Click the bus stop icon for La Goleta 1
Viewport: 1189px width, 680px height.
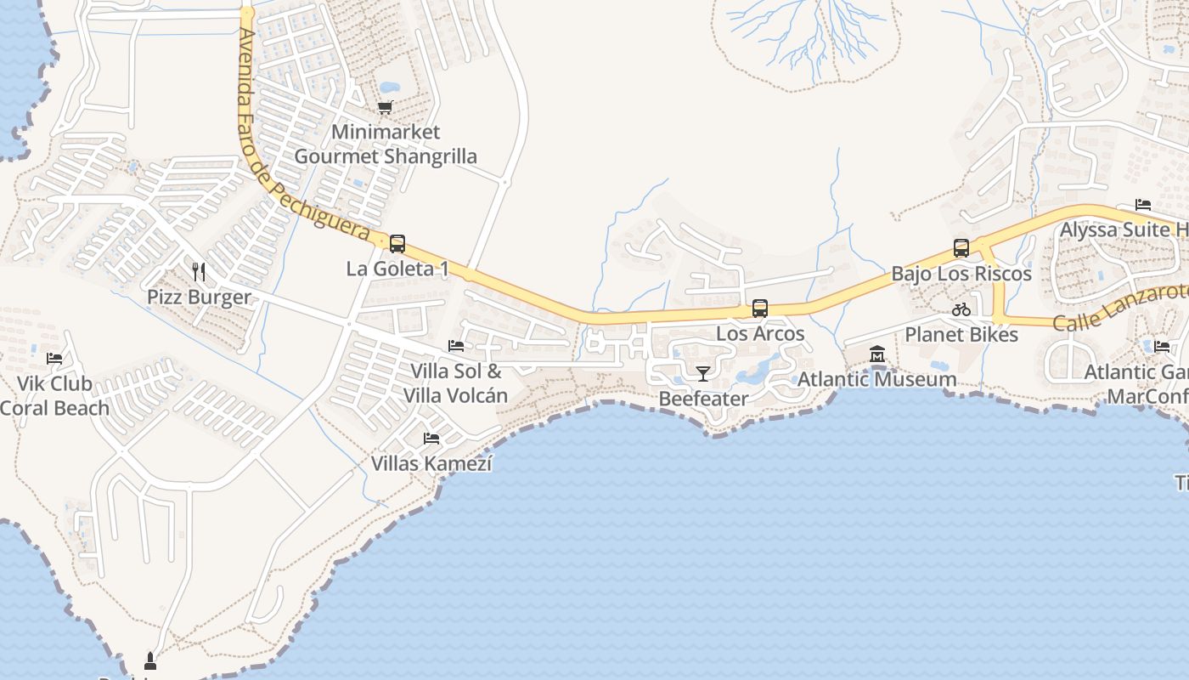397,244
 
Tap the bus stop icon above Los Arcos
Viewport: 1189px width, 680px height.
760,309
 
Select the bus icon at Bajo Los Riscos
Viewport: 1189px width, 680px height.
961,248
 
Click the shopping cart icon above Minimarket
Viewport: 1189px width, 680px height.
385,108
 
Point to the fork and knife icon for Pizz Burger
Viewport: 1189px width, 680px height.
199,272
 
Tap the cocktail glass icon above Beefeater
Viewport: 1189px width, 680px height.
702,374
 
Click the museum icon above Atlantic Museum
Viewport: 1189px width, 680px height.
877,354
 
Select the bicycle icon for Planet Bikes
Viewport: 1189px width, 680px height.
961,309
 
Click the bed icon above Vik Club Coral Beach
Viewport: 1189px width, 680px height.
54,359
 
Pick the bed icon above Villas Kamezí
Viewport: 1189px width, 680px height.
431,439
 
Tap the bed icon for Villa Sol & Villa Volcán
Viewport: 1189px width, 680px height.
456,346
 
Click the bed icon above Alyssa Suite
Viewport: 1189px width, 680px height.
1143,205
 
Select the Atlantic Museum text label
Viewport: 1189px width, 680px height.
877,379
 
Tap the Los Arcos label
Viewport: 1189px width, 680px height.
760,333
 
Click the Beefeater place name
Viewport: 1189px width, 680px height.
703,399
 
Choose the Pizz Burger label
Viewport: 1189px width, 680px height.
199,297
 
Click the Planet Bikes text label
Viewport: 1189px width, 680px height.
961,335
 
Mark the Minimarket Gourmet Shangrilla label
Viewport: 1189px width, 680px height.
386,144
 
